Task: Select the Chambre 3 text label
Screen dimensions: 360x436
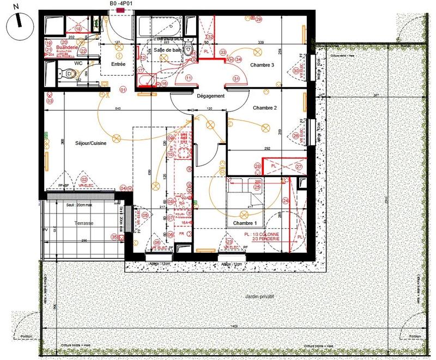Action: click(x=262, y=65)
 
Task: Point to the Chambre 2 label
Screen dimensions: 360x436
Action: click(x=265, y=108)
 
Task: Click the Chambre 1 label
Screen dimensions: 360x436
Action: click(x=244, y=223)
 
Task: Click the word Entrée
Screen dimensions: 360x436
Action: click(x=118, y=64)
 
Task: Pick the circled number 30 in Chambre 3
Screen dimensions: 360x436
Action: click(x=296, y=70)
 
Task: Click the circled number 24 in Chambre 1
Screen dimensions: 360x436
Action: click(x=285, y=200)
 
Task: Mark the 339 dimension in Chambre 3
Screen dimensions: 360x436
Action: click(x=261, y=42)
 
